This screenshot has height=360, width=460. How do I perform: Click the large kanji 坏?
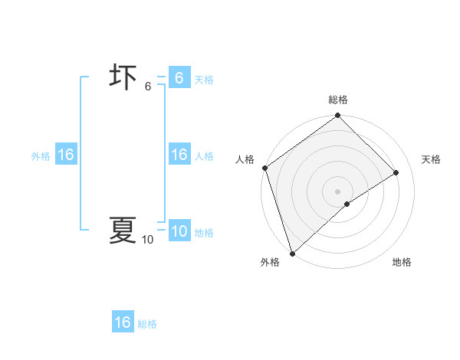[123, 78]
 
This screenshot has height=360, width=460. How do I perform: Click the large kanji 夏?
[123, 230]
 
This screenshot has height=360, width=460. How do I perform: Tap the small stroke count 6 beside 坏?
[148, 87]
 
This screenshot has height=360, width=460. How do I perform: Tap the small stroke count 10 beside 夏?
[147, 240]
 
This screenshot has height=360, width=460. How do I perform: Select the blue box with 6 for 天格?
[179, 78]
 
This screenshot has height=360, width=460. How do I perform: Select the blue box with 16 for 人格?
[179, 155]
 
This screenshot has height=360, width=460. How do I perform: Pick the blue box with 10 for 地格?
[179, 231]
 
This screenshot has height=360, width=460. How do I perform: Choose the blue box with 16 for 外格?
[65, 155]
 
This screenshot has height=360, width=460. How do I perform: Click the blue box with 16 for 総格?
[123, 322]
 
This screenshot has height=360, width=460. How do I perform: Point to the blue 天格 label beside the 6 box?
[204, 80]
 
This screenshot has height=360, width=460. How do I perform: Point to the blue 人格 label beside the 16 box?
[204, 156]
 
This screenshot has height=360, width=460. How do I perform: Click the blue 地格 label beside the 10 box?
[204, 233]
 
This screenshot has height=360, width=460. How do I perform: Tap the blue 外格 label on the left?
[41, 156]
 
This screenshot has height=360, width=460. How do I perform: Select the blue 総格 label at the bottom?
[148, 324]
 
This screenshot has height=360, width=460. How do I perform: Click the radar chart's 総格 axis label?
[337, 100]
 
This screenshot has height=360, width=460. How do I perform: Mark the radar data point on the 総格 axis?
[337, 116]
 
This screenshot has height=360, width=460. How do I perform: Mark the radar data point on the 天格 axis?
[396, 172]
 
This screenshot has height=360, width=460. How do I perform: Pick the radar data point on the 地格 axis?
[347, 204]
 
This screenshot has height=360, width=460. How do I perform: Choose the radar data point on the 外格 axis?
[292, 253]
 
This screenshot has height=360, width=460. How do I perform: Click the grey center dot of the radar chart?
[337, 191]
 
